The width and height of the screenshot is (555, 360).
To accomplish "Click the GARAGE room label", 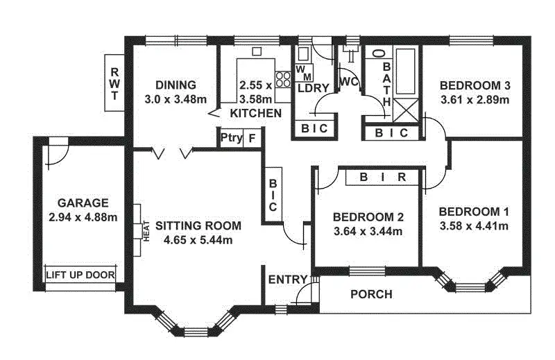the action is tap(83, 203).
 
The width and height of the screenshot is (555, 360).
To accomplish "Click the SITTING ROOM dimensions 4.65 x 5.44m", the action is tap(198, 240).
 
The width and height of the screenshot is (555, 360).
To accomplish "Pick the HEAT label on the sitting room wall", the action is tap(146, 232).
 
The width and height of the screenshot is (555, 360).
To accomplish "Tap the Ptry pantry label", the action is tap(231, 137).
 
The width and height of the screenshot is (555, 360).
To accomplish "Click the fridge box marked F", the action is tap(252, 137).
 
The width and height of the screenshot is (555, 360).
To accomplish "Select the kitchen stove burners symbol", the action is tap(283, 78).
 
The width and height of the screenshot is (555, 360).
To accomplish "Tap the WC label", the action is tap(348, 81).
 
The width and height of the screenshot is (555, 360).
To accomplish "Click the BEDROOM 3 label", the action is tap(475, 85).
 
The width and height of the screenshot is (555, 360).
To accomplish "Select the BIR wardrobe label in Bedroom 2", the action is tap(383, 177).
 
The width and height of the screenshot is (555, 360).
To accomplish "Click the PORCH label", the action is tap(371, 294).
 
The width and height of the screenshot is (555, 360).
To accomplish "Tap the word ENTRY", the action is tap(287, 280).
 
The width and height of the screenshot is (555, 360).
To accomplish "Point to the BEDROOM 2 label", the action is tap(368, 216).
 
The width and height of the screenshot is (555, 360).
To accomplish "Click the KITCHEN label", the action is tap(256, 113).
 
